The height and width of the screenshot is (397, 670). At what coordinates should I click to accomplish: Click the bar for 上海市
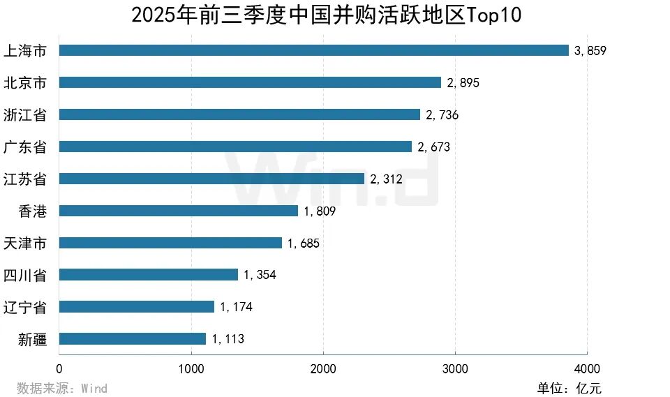[x=314, y=50]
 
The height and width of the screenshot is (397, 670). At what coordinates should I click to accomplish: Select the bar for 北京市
[x=250, y=82]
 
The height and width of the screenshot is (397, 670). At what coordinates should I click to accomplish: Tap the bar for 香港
[x=178, y=211]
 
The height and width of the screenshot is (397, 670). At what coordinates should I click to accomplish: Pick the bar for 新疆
[x=133, y=339]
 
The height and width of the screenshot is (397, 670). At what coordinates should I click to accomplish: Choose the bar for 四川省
[x=148, y=275]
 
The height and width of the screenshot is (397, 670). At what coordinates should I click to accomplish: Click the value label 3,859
[x=590, y=51]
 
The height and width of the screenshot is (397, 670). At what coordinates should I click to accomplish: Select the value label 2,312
[x=386, y=179]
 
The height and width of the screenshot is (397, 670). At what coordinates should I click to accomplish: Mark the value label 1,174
[x=236, y=307]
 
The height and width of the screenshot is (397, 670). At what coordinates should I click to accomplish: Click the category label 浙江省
[x=25, y=114]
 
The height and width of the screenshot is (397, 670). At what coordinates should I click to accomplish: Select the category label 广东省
[x=25, y=147]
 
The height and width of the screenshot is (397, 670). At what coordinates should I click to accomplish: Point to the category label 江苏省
[x=25, y=179]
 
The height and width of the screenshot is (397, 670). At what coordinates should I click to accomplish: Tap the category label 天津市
[x=25, y=243]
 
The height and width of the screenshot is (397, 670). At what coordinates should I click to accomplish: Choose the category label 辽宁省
[x=25, y=307]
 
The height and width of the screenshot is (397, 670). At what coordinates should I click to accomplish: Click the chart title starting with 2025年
[x=327, y=15]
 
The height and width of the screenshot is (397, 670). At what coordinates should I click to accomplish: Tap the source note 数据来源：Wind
[x=62, y=388]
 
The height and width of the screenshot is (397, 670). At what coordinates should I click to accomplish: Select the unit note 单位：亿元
[x=569, y=388]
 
